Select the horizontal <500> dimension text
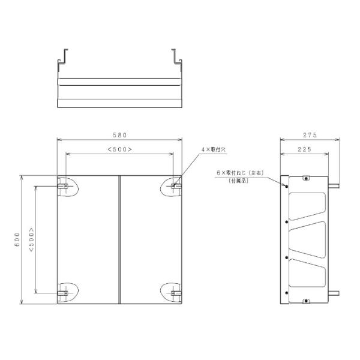[119, 149]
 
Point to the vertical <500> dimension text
[31, 239]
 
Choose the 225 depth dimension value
[303, 149]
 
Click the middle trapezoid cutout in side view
[308, 239]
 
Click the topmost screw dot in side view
[287, 186]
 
